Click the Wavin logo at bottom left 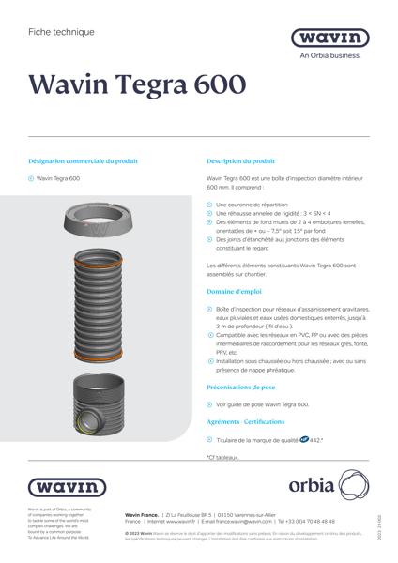coord(67,487)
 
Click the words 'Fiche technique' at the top coord(61,32)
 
